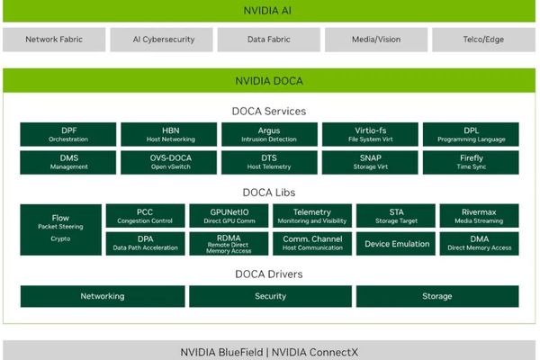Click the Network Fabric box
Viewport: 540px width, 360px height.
point(54,40)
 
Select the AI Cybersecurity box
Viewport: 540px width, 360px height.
point(161,40)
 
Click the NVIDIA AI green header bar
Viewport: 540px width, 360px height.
point(270,11)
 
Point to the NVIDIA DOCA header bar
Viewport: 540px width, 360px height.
point(270,81)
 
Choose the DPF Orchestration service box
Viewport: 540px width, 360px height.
point(68,134)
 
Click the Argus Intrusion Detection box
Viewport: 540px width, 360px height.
point(268,134)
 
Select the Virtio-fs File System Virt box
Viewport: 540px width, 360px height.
point(368,134)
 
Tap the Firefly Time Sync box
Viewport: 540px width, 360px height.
point(470,163)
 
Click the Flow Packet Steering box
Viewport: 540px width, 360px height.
point(60,229)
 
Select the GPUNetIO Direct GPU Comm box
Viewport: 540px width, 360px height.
point(225,216)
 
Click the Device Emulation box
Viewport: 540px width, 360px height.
point(397,244)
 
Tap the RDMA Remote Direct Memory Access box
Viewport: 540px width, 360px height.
point(225,244)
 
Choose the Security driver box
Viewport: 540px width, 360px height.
point(270,296)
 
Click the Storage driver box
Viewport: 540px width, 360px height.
point(436,296)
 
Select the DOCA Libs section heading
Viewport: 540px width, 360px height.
point(270,193)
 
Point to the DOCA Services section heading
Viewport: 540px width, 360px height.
point(270,112)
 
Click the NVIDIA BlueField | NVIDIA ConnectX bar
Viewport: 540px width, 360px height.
point(270,350)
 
